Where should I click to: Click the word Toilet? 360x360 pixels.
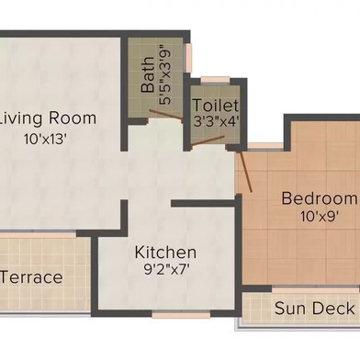pyautogui.click(x=215, y=107)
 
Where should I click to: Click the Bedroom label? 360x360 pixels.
pyautogui.click(x=319, y=198)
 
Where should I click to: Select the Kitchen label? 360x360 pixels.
pyautogui.click(x=165, y=253)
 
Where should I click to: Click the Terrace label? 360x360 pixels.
pyautogui.click(x=32, y=277)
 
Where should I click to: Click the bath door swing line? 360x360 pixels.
pyautogui.click(x=167, y=116)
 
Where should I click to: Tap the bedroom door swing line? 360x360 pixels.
pyautogui.click(x=245, y=169)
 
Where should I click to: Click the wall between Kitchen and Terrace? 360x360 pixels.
pyautogui.click(x=95, y=276)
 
